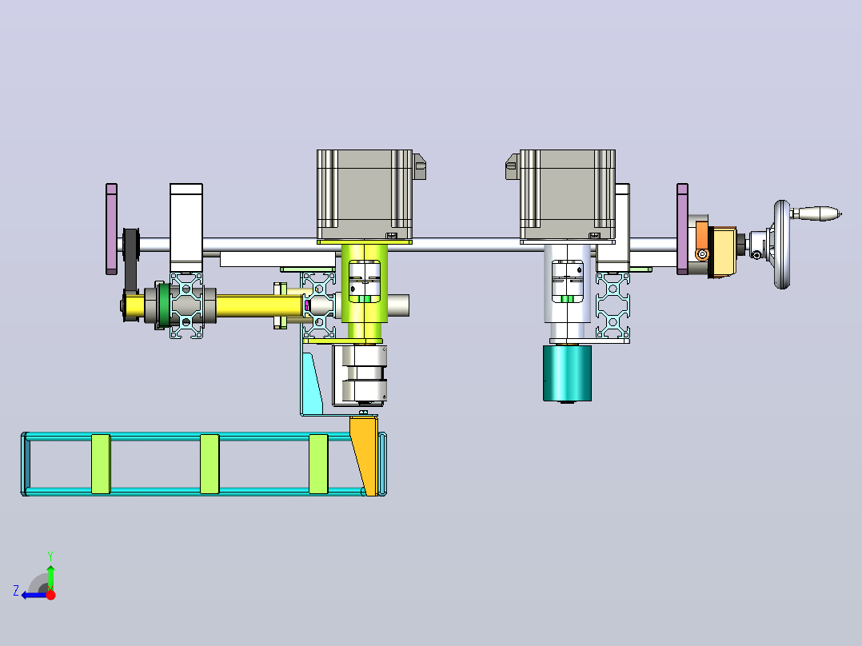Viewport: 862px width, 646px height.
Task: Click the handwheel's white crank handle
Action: tap(817, 213)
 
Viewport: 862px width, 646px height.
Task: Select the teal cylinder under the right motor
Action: tap(568, 373)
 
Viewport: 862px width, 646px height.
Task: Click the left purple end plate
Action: tap(112, 229)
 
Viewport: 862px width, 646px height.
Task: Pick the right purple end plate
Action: tap(682, 229)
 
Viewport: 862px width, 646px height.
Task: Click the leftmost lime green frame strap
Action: tap(101, 464)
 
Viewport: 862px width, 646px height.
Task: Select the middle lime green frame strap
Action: tap(210, 464)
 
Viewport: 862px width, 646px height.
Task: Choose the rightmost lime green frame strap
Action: tap(318, 464)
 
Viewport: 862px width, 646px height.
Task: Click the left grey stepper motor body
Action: tap(365, 194)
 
